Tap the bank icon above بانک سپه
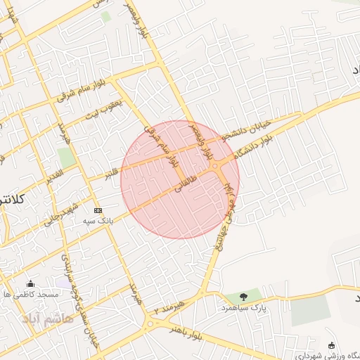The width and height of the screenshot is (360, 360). point(97,210)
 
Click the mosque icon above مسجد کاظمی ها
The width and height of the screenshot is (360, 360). point(30,285)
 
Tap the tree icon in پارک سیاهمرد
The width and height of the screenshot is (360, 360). point(243,297)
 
